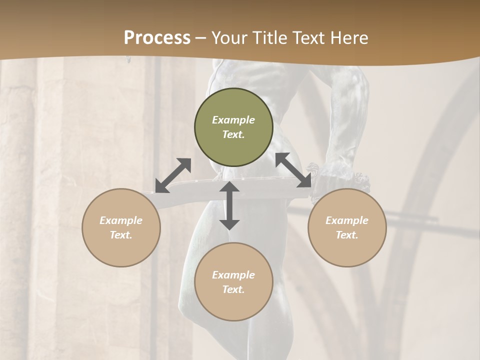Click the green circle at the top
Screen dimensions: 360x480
tap(233, 127)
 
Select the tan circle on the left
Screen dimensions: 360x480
tap(121, 227)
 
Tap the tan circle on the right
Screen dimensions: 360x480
tap(347, 227)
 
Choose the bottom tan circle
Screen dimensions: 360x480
tap(233, 282)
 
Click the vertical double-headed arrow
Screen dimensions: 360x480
tap(229, 206)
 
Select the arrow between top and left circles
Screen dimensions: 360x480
tap(173, 175)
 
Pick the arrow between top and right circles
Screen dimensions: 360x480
tap(293, 170)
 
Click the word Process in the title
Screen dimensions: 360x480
tap(157, 38)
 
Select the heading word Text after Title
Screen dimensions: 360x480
tap(308, 38)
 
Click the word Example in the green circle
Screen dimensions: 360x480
tap(233, 120)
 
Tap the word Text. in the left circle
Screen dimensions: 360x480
tap(121, 235)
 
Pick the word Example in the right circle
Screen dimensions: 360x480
tap(347, 220)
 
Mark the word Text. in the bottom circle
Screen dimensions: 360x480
tap(233, 289)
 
